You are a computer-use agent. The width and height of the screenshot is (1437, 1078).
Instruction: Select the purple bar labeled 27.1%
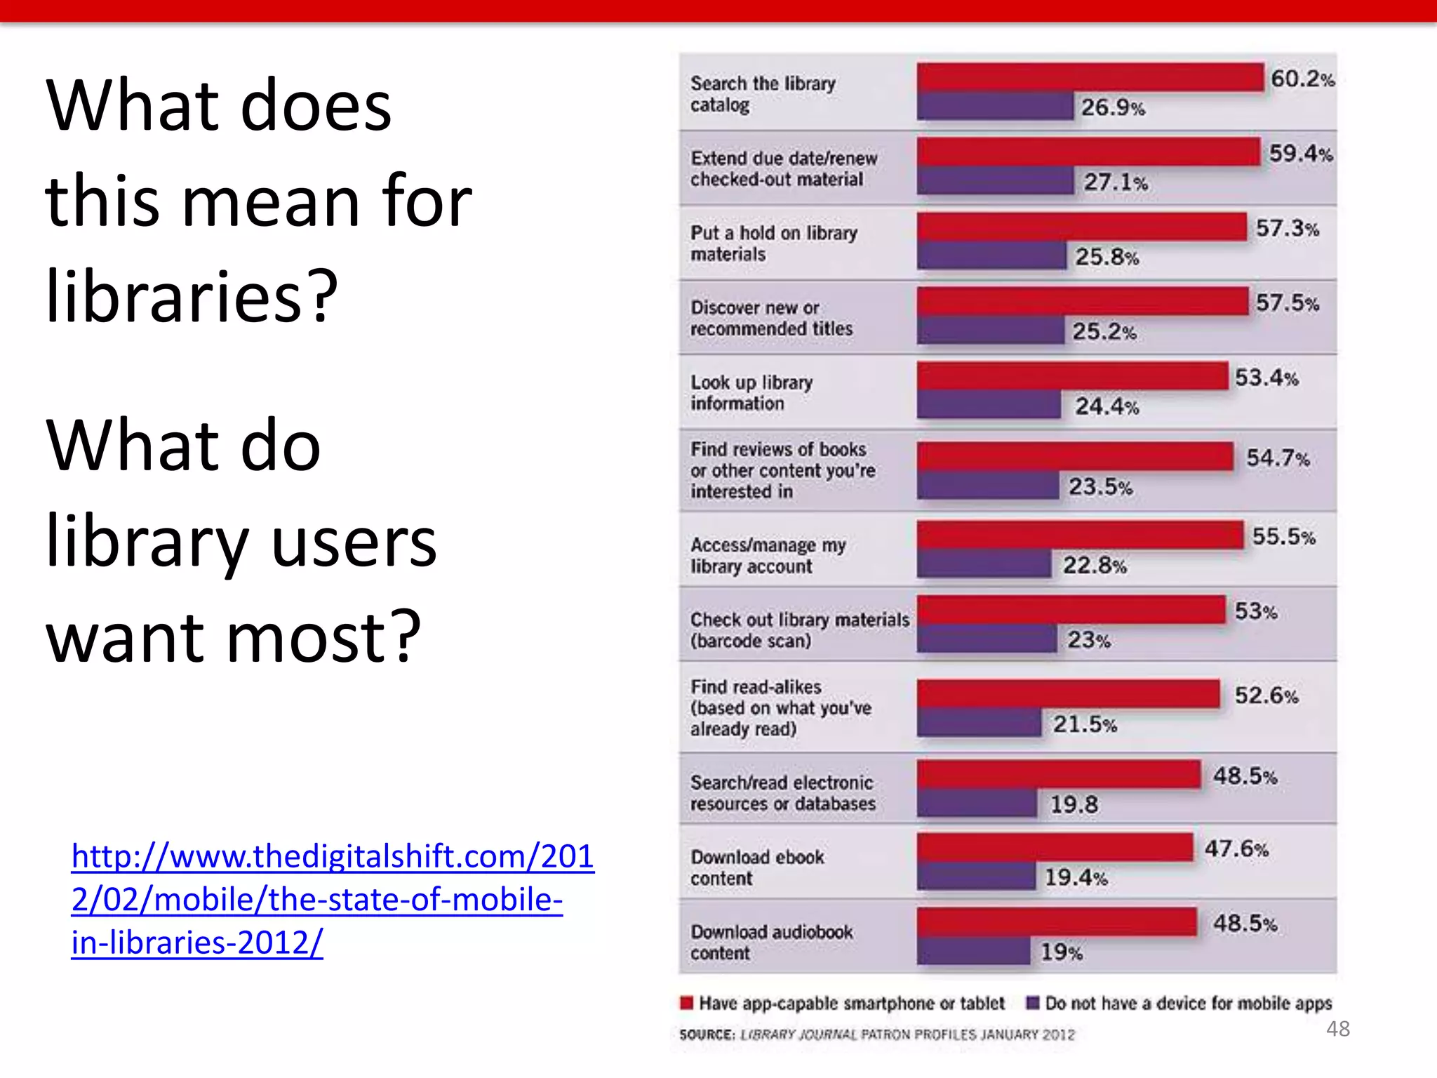[x=995, y=181]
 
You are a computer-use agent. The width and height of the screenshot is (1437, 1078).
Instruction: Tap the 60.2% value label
[x=1302, y=79]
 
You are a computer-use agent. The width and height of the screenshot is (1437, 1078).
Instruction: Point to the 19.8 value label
[x=1074, y=804]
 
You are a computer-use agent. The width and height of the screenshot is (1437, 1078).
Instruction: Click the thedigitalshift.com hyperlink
[x=333, y=899]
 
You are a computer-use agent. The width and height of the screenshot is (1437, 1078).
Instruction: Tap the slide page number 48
[x=1337, y=1029]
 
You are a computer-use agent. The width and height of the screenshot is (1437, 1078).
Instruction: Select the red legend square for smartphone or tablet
[x=687, y=1002]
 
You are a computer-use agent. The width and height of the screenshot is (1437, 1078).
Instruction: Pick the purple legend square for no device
[x=1032, y=1002]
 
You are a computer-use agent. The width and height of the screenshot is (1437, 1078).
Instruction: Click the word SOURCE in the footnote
[x=706, y=1034]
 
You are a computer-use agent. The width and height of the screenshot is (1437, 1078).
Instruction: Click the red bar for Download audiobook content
[x=1056, y=922]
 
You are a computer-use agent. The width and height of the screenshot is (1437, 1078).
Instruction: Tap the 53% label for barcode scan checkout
[x=1255, y=611]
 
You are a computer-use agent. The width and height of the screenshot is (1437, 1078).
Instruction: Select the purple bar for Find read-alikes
[x=979, y=723]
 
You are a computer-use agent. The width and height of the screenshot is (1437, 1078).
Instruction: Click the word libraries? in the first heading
[x=192, y=297]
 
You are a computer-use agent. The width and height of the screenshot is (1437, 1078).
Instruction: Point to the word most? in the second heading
[x=323, y=637]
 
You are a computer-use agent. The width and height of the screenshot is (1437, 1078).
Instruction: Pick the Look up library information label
[x=751, y=393]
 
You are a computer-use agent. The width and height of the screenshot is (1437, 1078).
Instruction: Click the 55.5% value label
[x=1283, y=537]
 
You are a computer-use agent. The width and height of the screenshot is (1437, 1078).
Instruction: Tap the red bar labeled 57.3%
[x=1081, y=227]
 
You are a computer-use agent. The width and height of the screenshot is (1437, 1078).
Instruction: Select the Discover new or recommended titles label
[x=770, y=318]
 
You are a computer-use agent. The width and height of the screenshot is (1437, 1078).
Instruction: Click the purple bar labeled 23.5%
[x=987, y=486]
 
